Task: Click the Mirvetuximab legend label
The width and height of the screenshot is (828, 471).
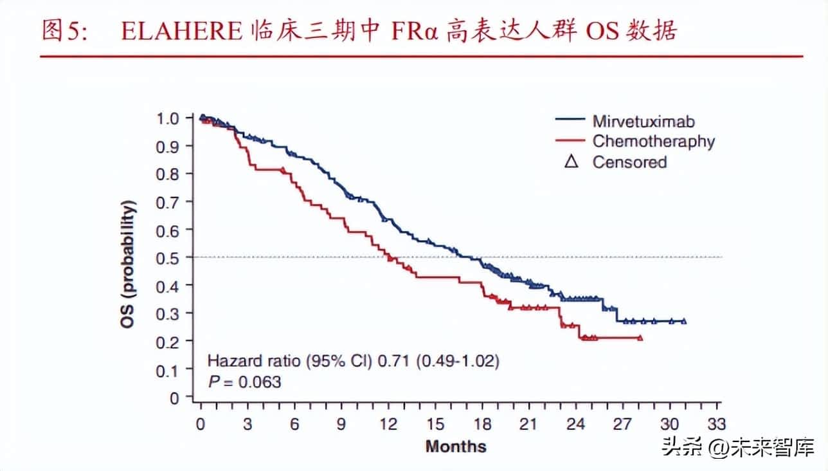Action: (x=643, y=121)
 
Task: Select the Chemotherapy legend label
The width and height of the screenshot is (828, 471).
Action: (x=653, y=142)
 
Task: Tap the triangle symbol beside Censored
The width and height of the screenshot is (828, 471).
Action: (x=570, y=162)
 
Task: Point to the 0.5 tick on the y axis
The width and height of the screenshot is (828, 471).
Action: (x=167, y=257)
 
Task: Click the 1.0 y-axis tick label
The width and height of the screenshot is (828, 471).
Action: (x=167, y=118)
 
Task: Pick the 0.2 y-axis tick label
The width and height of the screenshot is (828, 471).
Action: (x=167, y=342)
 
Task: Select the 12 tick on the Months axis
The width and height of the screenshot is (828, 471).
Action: (x=388, y=424)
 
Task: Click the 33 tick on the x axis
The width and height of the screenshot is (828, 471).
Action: (x=717, y=424)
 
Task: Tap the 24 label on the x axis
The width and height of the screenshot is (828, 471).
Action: (x=576, y=424)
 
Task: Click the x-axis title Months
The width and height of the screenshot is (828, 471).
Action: (x=456, y=447)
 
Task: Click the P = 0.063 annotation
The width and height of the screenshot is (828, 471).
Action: (x=244, y=382)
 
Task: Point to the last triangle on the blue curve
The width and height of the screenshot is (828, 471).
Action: (x=683, y=320)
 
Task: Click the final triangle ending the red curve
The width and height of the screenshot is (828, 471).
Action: (x=640, y=337)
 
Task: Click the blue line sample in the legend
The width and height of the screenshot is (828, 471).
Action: (x=570, y=120)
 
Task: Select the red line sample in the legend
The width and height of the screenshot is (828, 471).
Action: (x=570, y=141)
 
